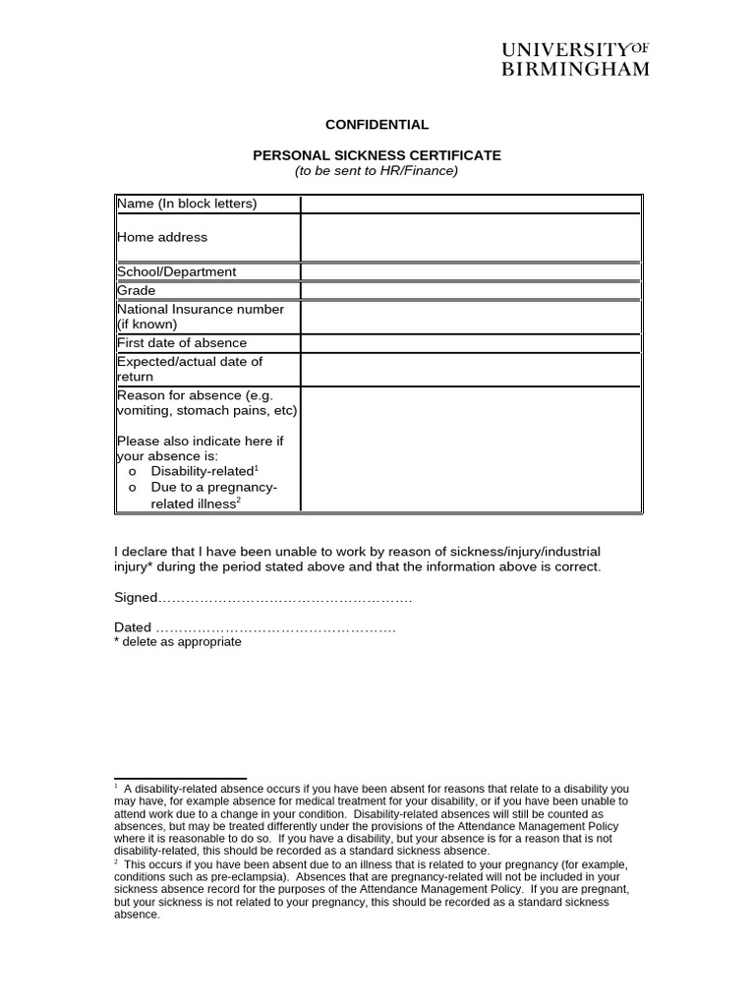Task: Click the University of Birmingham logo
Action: click(x=575, y=59)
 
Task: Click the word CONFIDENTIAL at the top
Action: click(x=377, y=125)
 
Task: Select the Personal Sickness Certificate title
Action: click(x=377, y=155)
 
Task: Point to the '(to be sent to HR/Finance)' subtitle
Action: click(x=377, y=171)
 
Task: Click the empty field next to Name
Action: click(x=471, y=204)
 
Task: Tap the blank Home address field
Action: click(x=471, y=238)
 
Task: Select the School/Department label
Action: click(x=177, y=271)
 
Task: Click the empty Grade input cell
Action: click(x=471, y=291)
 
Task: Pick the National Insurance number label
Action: click(x=201, y=317)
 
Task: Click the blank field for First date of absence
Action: click(x=471, y=343)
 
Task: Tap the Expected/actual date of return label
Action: click(x=190, y=369)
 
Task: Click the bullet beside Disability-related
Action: click(x=133, y=472)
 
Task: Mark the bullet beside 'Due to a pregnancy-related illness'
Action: click(x=133, y=489)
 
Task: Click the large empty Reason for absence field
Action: click(x=471, y=448)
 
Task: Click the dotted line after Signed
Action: click(x=285, y=598)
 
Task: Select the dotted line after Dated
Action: click(x=275, y=628)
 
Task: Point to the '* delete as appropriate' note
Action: click(x=178, y=642)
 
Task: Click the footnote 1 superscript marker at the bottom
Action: click(x=116, y=787)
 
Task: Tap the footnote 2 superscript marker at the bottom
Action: click(x=116, y=862)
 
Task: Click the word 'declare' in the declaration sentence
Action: click(x=148, y=551)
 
